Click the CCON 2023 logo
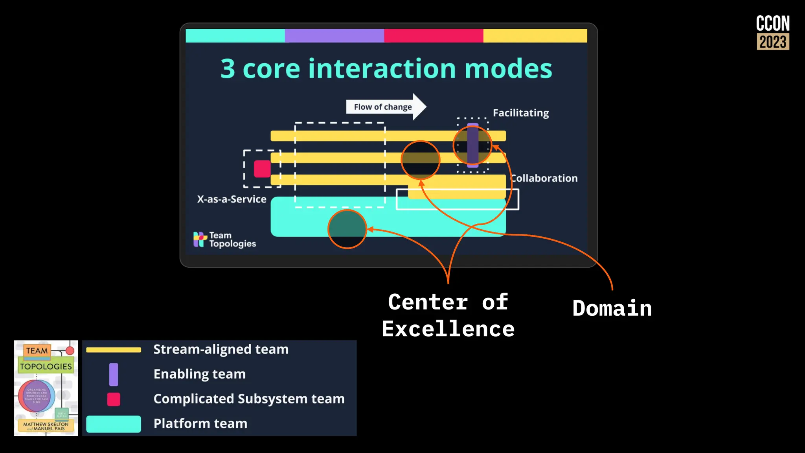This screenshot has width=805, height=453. click(773, 33)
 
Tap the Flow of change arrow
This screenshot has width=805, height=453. click(385, 107)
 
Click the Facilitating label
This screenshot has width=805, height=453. click(521, 113)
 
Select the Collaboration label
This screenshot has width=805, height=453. click(544, 178)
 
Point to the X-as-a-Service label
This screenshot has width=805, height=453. click(232, 199)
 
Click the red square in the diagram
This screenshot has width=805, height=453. click(262, 169)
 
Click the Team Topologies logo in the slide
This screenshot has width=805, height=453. click(224, 239)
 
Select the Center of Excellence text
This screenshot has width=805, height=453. click(448, 315)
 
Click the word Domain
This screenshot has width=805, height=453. click(612, 308)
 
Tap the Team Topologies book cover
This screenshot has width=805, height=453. click(46, 388)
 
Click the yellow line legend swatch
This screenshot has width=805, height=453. click(114, 350)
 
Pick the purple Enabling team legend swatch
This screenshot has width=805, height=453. click(114, 374)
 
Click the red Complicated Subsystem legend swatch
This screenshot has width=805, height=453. click(114, 399)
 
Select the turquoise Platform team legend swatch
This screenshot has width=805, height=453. click(114, 424)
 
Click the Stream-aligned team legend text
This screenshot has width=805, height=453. click(221, 349)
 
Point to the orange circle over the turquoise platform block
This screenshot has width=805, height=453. click(347, 229)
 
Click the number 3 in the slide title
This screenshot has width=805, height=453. click(228, 69)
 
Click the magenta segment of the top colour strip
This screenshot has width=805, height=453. click(434, 35)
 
